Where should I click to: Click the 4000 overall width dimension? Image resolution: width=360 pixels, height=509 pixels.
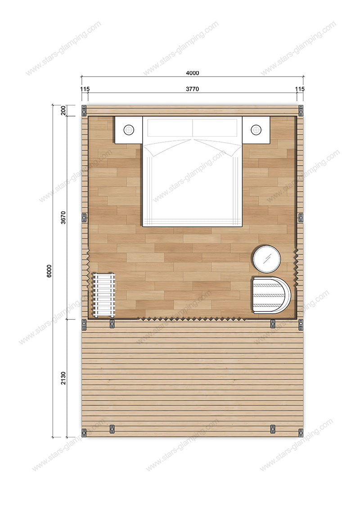point(193,73)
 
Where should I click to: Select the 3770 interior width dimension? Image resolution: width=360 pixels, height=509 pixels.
point(193,89)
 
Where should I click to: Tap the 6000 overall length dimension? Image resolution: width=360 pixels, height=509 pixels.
point(49,271)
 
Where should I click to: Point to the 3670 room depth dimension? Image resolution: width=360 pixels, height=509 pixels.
point(63,217)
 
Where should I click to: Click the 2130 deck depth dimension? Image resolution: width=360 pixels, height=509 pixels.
point(63,378)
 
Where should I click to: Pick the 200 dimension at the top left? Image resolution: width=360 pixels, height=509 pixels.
point(63,110)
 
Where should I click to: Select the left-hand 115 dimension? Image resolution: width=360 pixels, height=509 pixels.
point(85,89)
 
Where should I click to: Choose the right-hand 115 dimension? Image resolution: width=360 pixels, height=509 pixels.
point(300,89)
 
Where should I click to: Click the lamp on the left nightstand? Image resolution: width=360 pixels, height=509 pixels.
point(129,130)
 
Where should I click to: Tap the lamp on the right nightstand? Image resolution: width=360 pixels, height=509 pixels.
point(256,130)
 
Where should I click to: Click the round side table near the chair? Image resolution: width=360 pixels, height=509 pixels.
point(266,259)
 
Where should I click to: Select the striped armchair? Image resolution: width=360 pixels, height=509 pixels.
point(271,295)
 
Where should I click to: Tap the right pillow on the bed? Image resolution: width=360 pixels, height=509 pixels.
point(215,127)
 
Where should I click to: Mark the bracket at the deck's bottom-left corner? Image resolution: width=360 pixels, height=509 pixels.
point(84,433)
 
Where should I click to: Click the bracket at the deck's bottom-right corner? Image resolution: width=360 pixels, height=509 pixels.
point(301,433)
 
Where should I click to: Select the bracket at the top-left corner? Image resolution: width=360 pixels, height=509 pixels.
point(84,110)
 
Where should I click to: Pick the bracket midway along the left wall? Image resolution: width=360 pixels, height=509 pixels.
point(84,217)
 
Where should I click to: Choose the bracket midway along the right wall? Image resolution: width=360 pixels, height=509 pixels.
point(301,217)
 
